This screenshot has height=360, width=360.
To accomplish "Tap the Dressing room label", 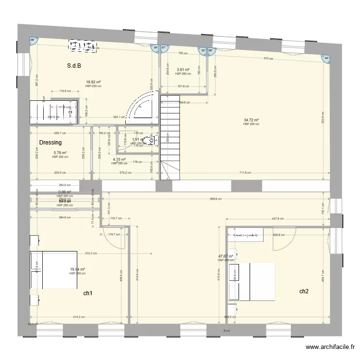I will click(50, 143).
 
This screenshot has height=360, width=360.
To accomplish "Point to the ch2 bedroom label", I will click(304, 291).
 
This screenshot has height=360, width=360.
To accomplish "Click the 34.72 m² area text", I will click(251, 120).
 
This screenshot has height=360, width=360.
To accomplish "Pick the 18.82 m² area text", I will click(93, 82).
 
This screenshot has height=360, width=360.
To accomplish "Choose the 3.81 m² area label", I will click(183, 70).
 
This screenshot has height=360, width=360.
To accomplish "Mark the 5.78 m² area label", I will click(60, 153).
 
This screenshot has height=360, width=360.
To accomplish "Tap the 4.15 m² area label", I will click(119, 159).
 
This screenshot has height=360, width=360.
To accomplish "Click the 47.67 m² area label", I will click(225, 256).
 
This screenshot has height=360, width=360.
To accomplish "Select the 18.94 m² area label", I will click(77, 269).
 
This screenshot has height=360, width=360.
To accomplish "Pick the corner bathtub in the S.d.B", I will click(142, 107).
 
